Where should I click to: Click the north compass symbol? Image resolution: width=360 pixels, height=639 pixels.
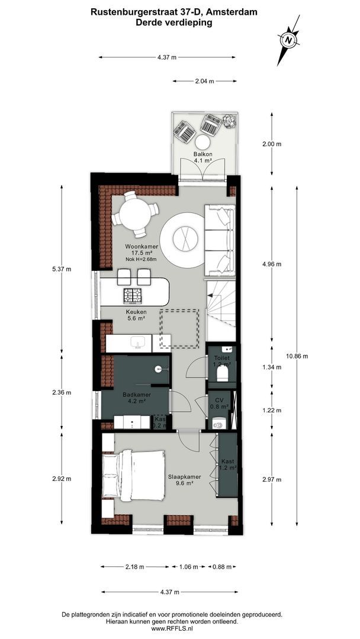[288, 40]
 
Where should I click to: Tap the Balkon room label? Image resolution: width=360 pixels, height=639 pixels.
[202, 154]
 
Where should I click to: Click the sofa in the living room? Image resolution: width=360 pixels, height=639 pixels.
[220, 240]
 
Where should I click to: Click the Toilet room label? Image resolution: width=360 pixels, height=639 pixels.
[222, 359]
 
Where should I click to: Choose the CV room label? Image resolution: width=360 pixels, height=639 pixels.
[219, 401]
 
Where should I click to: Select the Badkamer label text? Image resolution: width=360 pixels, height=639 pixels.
[137, 395]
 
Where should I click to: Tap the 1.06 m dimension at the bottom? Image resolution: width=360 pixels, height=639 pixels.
[188, 567]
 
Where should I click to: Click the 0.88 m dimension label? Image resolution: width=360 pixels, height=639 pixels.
[221, 567]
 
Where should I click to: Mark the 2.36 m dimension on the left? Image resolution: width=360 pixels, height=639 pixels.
[62, 392]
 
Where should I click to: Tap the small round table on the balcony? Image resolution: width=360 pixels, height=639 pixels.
[202, 142]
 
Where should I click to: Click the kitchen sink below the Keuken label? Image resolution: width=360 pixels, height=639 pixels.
[139, 342]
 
